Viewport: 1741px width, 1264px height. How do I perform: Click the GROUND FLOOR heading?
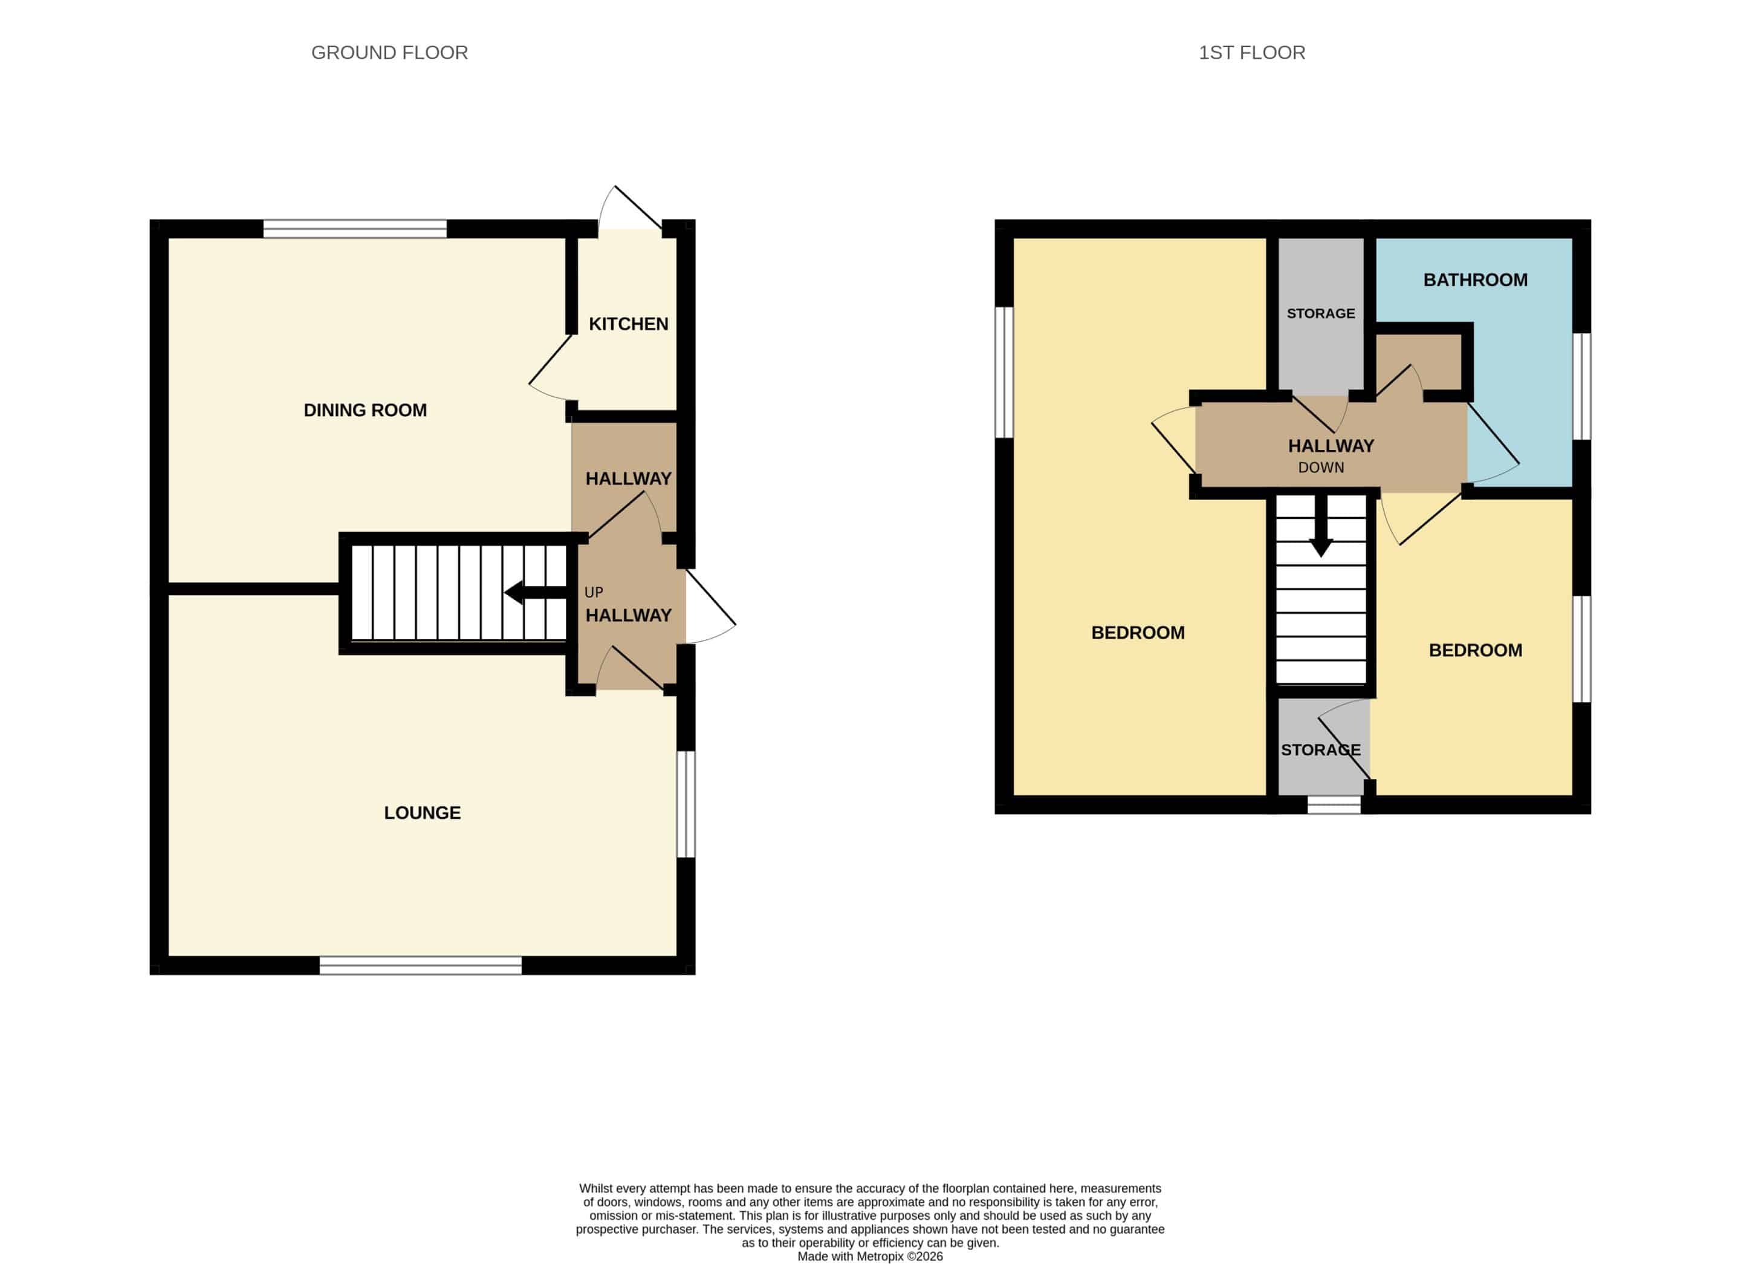389,53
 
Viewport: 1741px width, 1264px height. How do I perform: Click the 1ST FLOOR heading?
1252,53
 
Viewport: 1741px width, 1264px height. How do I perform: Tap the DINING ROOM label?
365,410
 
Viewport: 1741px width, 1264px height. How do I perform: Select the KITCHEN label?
629,324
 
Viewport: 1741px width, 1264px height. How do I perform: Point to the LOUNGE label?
422,812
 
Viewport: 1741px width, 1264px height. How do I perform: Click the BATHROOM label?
1476,279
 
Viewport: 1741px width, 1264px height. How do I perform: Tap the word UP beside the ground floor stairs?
594,592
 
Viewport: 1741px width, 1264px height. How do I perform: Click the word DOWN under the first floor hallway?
1321,467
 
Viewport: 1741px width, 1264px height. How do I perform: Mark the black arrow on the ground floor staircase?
535,592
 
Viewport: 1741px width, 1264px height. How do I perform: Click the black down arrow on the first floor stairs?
1321,526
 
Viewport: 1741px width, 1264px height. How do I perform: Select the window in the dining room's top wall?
355,229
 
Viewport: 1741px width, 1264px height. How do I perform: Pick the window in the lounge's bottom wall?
421,965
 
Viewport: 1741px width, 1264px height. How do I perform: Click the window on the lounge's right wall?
686,804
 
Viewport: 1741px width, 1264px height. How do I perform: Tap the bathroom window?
1581,386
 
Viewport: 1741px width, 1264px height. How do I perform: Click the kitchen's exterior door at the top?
631,208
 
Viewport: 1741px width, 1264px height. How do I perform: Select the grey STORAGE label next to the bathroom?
1321,313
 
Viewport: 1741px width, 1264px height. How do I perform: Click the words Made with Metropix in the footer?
851,1256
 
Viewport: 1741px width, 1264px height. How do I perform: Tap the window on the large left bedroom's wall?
1004,373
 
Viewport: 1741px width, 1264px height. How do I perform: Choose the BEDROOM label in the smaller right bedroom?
1476,650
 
